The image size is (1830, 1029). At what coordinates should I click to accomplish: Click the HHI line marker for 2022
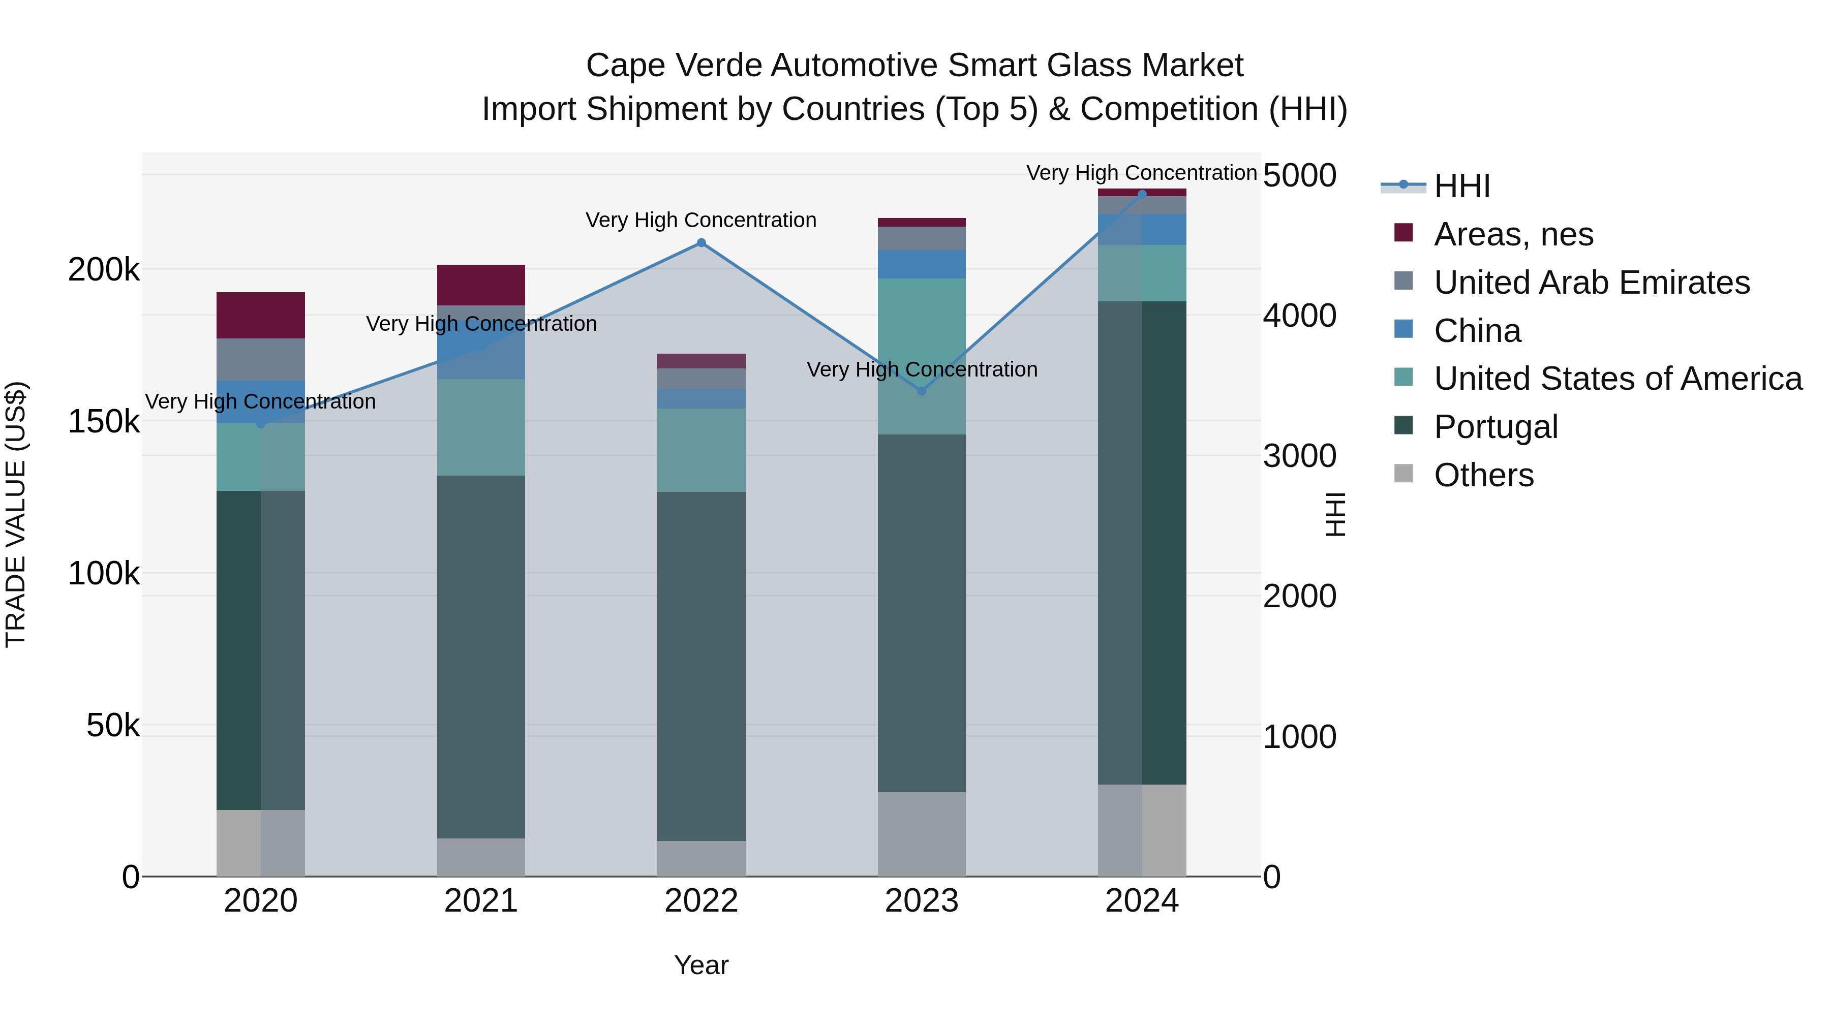point(700,243)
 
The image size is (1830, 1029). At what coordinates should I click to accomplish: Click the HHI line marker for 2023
point(922,391)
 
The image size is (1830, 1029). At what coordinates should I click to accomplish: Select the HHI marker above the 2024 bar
point(1142,194)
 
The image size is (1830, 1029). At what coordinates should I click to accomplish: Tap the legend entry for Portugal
point(1496,427)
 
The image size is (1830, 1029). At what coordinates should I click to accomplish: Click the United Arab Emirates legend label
point(1591,283)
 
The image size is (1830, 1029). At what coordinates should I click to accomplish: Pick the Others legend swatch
point(1403,474)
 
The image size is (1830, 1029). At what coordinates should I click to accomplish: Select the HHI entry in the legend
point(1461,186)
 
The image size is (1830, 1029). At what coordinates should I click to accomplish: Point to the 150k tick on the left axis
point(104,422)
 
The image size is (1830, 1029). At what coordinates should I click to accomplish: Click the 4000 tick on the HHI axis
point(1299,316)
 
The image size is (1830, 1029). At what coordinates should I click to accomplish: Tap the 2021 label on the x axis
point(481,901)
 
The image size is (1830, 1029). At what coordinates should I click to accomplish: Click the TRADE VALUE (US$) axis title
point(16,514)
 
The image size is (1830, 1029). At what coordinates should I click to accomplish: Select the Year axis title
point(700,965)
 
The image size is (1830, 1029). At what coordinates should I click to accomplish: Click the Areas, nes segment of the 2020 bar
point(261,315)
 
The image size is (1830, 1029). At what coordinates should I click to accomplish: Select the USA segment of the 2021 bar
point(481,427)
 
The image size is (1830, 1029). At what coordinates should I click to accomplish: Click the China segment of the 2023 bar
point(922,264)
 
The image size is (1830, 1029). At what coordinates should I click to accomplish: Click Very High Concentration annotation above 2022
point(700,220)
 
